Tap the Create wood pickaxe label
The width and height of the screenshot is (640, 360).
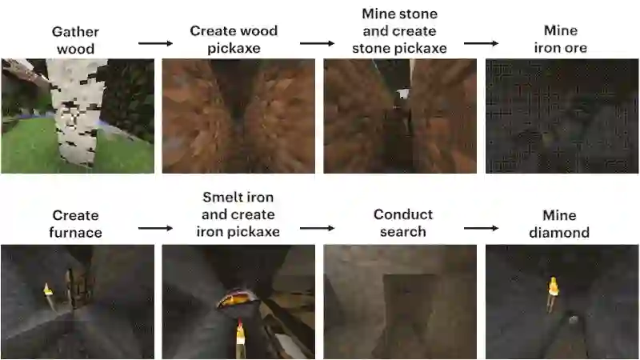point(234,39)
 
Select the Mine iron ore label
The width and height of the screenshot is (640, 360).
point(561,39)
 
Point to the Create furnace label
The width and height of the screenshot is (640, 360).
point(75,223)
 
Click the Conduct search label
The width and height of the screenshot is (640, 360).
point(403,223)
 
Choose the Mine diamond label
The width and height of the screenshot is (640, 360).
point(560,223)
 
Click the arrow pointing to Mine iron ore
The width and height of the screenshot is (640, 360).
point(480,41)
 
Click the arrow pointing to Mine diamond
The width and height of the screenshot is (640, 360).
point(480,228)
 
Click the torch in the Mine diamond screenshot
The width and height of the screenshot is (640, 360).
point(552,293)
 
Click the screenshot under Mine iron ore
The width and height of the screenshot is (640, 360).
point(560,116)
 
